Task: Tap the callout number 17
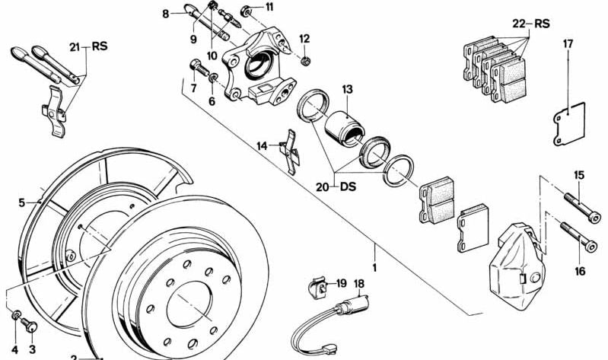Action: (x=568, y=44)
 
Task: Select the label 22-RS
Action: (x=531, y=24)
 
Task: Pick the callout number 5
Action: (x=22, y=202)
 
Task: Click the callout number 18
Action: (x=360, y=283)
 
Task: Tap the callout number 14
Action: (x=262, y=145)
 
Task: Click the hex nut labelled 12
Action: (x=304, y=59)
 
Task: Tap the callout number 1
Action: (x=374, y=268)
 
